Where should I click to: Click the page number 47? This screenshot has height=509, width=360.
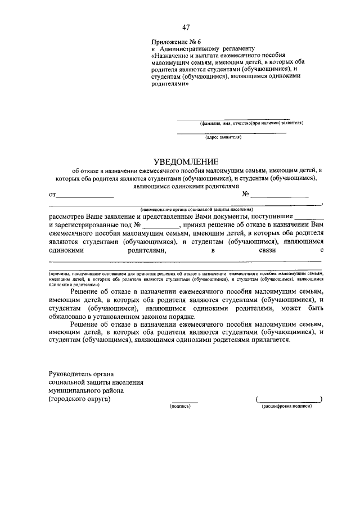tap(186, 28)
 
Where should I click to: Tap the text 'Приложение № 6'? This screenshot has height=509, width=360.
tap(175, 42)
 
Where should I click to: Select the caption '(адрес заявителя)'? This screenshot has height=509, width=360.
tap(223, 136)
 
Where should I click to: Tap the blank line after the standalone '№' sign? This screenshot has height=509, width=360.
tap(280, 197)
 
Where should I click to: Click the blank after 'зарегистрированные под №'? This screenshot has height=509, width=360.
tap(159, 225)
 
